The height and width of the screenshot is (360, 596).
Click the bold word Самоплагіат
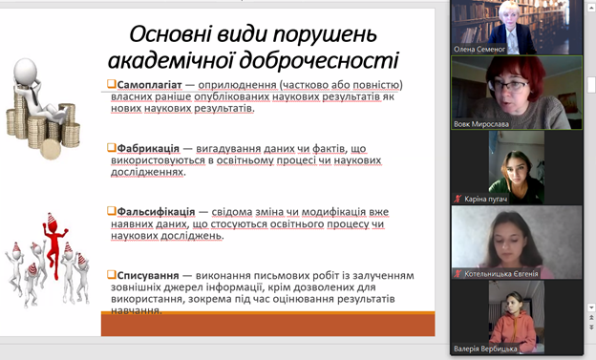coord(149,85)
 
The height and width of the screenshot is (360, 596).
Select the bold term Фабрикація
coord(148,148)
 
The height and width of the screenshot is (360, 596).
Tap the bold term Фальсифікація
coord(156,212)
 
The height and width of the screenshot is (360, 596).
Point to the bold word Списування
coord(148,275)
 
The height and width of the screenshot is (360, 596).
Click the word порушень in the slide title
coord(325,35)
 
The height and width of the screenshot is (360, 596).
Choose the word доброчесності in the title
coord(319,61)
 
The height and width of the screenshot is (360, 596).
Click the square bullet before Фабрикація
coord(112,147)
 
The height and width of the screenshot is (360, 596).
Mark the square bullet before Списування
coord(112,274)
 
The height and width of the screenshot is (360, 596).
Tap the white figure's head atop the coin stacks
coord(26,71)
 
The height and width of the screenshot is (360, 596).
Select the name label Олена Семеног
coord(479,49)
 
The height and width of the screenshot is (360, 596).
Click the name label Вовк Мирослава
coord(481,124)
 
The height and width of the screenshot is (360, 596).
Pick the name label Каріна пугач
coord(486,199)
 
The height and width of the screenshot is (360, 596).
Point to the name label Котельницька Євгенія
coord(501,274)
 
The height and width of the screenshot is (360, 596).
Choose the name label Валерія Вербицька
coord(485,349)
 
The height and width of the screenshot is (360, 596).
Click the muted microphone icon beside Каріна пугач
coord(458,199)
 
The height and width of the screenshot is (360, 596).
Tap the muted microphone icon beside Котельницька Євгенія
coord(458,274)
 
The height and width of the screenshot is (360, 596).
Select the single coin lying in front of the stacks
coord(51,149)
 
